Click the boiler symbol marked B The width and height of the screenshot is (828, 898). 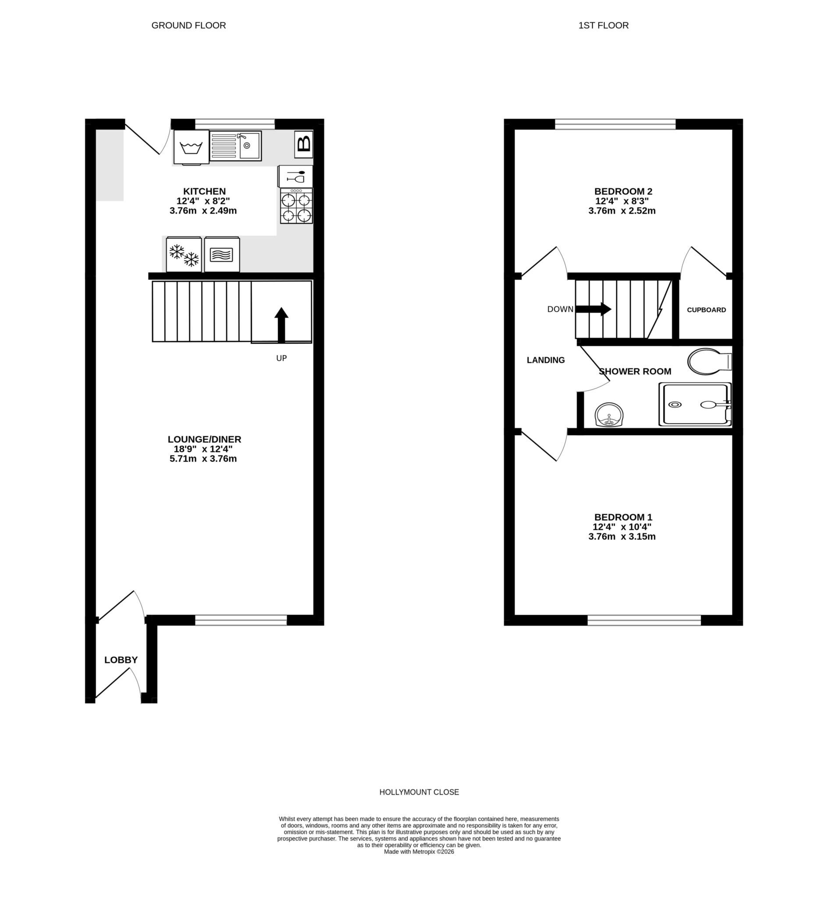tap(303, 144)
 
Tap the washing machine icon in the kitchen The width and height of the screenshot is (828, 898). tap(191, 147)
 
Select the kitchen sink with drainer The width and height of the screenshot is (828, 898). tap(235, 146)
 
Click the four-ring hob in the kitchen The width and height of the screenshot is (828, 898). tap(296, 206)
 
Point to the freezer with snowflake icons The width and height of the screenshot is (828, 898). tap(184, 254)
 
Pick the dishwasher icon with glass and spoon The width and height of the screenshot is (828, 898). tap(295, 176)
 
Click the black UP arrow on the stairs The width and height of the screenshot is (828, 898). tap(281, 325)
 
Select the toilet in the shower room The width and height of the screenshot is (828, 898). tap(708, 361)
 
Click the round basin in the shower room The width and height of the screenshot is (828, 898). tap(609, 414)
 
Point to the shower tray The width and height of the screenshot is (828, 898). tap(694, 404)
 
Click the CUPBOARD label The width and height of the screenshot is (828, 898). tap(706, 310)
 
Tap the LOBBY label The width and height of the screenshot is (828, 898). tap(121, 659)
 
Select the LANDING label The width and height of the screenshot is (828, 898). tap(545, 360)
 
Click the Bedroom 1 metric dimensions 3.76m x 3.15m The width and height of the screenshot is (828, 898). tap(622, 536)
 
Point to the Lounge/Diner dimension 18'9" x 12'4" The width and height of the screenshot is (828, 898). tap(203, 449)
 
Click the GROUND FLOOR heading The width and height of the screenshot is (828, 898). tap(188, 25)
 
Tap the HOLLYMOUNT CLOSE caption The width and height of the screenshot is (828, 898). tap(419, 792)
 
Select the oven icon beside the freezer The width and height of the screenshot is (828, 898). tap(222, 254)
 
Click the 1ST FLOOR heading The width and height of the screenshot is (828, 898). tap(603, 25)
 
